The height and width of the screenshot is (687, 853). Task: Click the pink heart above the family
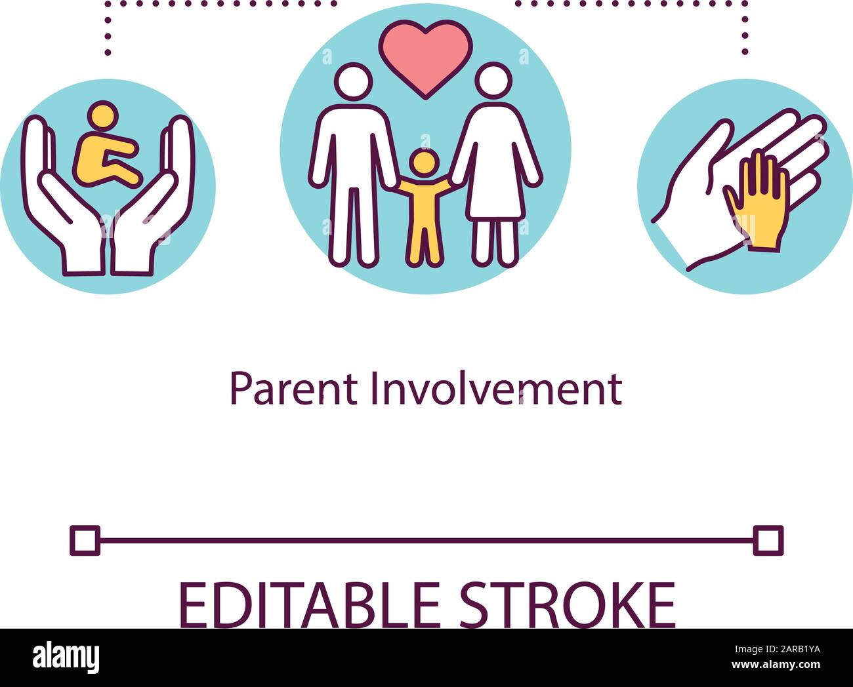coord(425,55)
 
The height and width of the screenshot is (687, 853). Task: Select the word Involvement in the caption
coord(496,389)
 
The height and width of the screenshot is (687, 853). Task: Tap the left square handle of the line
coord(85,541)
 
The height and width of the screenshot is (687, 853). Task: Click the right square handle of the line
coord(768,541)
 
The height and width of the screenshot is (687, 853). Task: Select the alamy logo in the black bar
coord(66,657)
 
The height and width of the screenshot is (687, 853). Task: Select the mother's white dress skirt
coord(495,190)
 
